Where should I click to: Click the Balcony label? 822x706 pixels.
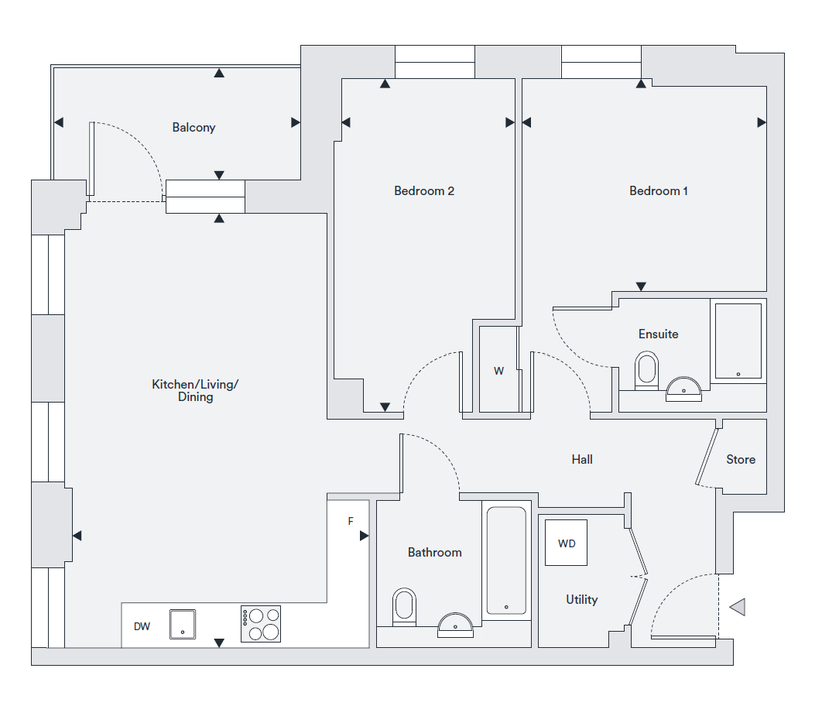pos(194,128)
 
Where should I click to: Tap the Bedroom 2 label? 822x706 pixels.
pos(424,191)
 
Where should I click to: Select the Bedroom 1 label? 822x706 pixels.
pos(659,191)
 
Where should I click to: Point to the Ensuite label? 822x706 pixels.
pos(658,334)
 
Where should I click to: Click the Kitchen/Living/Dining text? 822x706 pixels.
pos(195,390)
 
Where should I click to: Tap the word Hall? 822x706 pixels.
pos(582,460)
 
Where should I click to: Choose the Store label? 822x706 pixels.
pos(741,460)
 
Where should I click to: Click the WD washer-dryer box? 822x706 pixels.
pos(567,543)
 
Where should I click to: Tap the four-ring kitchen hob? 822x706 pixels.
pos(261,624)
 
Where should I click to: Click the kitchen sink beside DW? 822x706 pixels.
pos(183,624)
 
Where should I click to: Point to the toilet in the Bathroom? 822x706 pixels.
pos(404,607)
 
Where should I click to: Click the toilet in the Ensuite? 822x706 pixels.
pos(646,370)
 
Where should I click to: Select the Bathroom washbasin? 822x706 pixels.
pos(456,624)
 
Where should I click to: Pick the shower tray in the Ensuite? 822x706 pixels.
pos(738,341)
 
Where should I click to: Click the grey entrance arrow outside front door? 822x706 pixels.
pos(738,608)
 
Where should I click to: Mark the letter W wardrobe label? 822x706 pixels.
pos(499,372)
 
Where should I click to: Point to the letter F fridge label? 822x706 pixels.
pos(351,522)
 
